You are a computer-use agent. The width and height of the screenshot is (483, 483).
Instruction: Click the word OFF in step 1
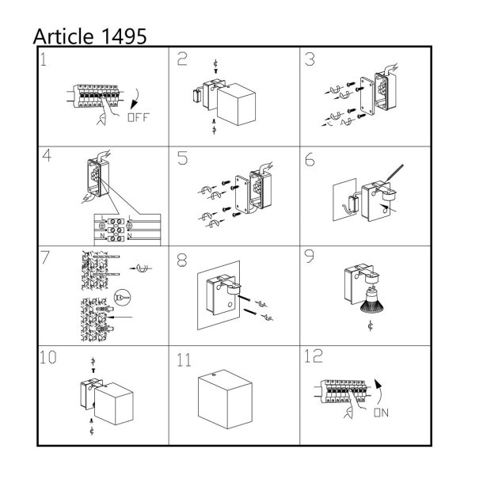click(x=139, y=117)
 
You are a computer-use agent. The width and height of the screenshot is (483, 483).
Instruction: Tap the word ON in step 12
click(x=381, y=413)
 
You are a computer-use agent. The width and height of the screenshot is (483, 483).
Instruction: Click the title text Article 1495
click(x=89, y=36)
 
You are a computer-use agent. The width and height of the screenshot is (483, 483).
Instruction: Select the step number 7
click(x=45, y=257)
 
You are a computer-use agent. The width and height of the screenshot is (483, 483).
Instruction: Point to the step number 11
click(x=184, y=360)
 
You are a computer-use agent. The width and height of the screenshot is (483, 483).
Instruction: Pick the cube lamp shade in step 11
click(x=225, y=399)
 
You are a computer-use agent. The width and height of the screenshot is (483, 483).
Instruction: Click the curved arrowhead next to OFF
click(x=134, y=105)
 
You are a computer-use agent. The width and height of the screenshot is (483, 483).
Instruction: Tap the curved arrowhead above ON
click(x=378, y=384)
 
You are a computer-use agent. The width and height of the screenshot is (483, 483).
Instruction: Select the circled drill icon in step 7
click(x=122, y=298)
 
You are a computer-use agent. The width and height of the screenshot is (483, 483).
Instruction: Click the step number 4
click(x=47, y=155)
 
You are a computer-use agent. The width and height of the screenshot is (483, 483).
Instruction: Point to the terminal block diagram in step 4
click(x=127, y=230)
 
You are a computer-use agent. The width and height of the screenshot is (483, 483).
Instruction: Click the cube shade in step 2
click(x=236, y=104)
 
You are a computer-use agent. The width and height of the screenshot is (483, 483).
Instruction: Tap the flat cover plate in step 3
click(x=367, y=96)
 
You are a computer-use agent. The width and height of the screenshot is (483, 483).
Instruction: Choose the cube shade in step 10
click(x=114, y=404)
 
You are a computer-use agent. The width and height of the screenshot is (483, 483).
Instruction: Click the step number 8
click(x=182, y=261)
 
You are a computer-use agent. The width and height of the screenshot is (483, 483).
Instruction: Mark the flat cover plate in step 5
click(x=241, y=194)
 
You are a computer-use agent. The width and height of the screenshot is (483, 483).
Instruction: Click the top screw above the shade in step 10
click(x=93, y=370)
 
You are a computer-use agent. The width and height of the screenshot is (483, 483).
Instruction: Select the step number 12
click(x=314, y=356)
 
